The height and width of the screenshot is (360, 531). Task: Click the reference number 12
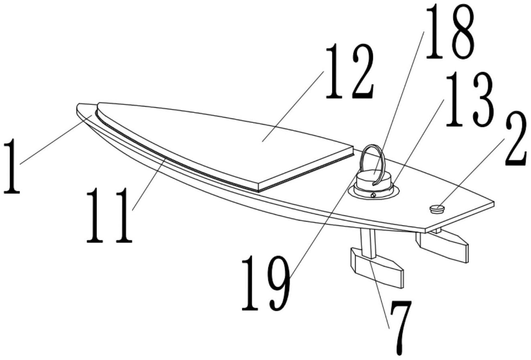(350, 72)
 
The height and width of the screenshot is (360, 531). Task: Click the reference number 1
(12, 167)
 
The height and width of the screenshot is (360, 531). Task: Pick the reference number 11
(109, 215)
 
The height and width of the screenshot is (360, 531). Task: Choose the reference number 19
(265, 283)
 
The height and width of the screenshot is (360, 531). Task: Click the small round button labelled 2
(437, 209)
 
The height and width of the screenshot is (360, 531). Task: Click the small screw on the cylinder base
(374, 195)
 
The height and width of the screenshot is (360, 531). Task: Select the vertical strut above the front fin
(368, 243)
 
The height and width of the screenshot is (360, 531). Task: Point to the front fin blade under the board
(377, 268)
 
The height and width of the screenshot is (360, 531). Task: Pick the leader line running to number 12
(293, 107)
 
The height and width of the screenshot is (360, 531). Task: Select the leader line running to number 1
(56, 140)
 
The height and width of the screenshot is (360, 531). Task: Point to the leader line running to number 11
(149, 185)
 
